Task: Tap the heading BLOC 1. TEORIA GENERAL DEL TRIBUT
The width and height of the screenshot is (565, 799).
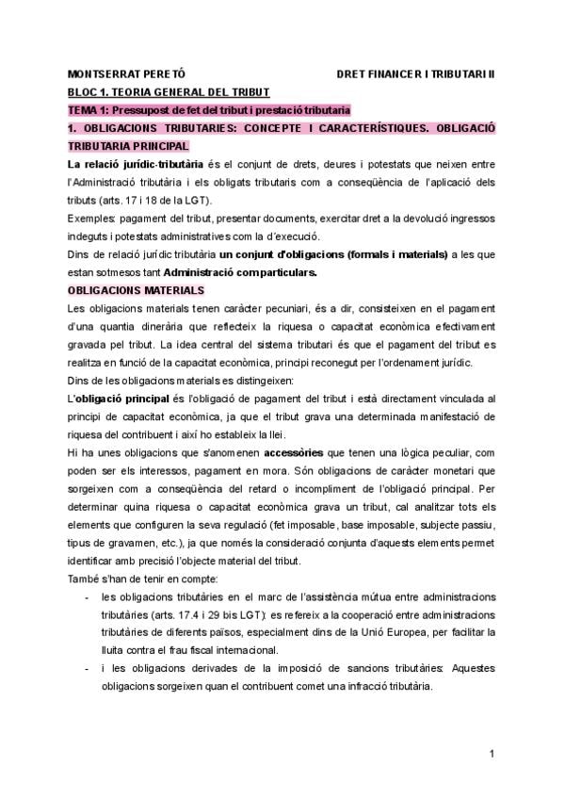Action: [x=169, y=91]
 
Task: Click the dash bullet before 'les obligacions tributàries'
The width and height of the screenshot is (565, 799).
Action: [x=88, y=597]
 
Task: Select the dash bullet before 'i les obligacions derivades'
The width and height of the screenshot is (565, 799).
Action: [x=88, y=669]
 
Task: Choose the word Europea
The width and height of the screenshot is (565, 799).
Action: [x=438, y=633]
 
